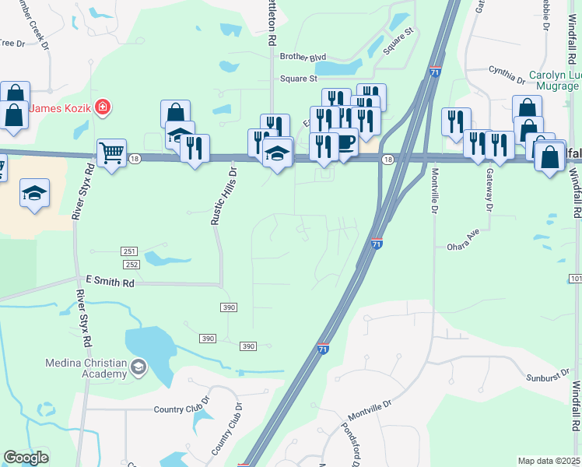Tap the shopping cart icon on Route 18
[112, 153]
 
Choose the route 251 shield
[129, 251]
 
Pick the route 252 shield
[129, 265]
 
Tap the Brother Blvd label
[303, 57]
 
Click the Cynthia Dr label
[507, 75]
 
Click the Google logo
[26, 458]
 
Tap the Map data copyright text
[549, 461]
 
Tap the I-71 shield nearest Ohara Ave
[377, 244]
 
